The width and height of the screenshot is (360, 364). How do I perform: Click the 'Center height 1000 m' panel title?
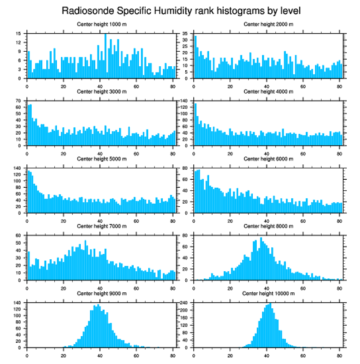(x=101, y=24)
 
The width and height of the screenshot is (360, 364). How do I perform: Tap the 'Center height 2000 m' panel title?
(x=268, y=24)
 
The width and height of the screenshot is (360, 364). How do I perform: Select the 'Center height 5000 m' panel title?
(x=101, y=159)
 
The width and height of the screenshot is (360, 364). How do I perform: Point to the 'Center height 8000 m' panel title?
(x=268, y=226)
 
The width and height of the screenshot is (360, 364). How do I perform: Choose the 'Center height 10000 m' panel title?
(x=268, y=293)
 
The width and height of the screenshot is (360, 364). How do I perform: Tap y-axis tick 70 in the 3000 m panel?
(x=21, y=101)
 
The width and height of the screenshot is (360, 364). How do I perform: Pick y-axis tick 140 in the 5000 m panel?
(x=20, y=168)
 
